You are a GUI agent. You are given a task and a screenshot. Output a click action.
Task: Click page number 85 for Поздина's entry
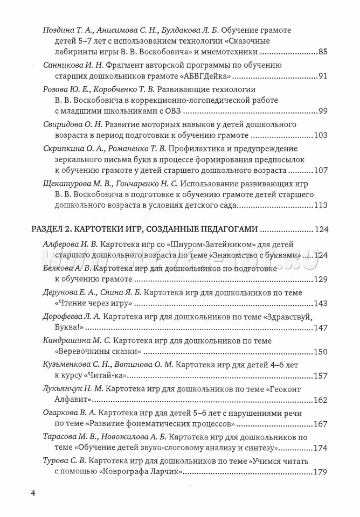tap(323, 52)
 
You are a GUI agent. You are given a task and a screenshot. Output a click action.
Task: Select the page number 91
tap(323, 76)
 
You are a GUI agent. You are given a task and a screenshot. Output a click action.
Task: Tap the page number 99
tap(323, 111)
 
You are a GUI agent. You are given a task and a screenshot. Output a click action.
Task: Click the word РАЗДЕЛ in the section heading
tap(51, 229)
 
